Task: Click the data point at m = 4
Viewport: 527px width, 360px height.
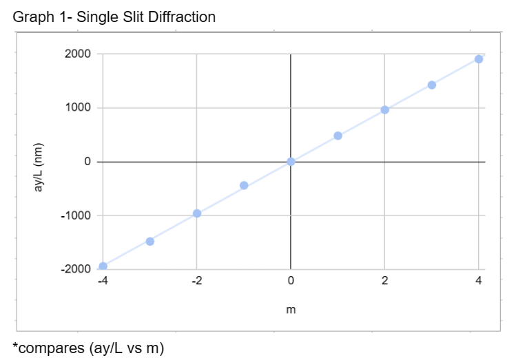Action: coord(479,59)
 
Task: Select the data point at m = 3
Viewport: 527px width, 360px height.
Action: coord(432,85)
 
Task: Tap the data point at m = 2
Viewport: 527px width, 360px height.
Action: coord(384,109)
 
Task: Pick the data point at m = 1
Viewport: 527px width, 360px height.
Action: coord(338,136)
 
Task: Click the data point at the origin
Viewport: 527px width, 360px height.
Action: coord(291,161)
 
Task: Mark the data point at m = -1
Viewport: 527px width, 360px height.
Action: coord(244,185)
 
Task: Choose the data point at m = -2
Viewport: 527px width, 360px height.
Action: coord(197,213)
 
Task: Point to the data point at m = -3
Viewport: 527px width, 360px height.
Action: coord(149,241)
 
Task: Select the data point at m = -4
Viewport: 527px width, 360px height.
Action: coord(103,266)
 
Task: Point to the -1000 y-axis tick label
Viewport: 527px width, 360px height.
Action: coord(76,215)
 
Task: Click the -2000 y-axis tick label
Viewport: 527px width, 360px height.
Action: coord(76,269)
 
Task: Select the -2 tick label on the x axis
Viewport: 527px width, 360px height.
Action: coord(196,281)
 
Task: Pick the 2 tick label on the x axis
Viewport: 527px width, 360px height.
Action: coord(384,281)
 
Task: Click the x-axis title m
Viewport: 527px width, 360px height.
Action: coord(291,310)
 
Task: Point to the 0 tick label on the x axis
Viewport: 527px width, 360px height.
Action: coord(291,281)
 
